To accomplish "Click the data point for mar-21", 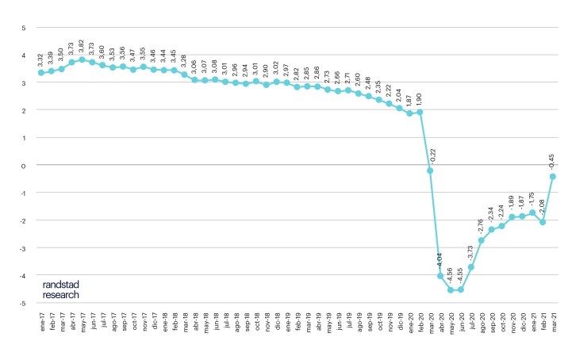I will point(552,177).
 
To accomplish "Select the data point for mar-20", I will point(430,170).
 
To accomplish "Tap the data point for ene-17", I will point(40,73).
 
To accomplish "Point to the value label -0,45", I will point(552,161).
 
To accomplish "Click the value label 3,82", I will point(82,45).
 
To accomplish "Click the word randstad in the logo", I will point(62,283).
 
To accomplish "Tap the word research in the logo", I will point(62,294).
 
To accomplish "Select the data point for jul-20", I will point(471,267).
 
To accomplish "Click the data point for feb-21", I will point(543,222).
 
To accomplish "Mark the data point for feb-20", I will point(420,112).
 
